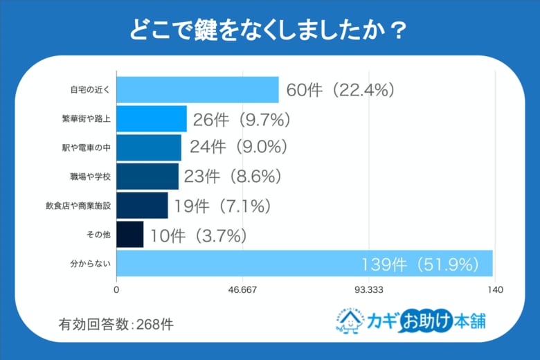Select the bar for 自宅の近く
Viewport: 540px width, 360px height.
[x=197, y=90]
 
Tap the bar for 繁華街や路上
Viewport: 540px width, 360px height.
[x=152, y=118]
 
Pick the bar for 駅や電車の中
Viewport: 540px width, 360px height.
[x=149, y=147]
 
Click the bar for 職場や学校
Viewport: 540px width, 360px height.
[x=147, y=177]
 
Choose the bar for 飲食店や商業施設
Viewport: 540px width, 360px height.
[x=142, y=206]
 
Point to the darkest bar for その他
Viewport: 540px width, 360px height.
[x=130, y=235]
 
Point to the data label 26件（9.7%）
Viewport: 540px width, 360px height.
[x=241, y=119]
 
